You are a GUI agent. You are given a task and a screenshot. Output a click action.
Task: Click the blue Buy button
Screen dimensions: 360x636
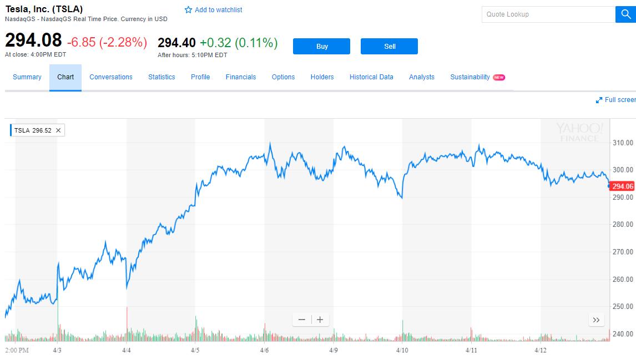[321, 47]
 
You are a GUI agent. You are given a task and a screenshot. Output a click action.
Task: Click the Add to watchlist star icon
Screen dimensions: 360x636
[188, 10]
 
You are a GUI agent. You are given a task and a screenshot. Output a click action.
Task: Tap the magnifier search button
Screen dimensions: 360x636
[625, 14]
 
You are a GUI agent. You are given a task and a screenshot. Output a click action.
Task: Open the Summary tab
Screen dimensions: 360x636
[27, 77]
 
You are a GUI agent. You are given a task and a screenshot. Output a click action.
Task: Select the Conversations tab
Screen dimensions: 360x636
[111, 77]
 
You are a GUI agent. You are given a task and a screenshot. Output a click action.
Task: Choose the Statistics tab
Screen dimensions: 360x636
[161, 77]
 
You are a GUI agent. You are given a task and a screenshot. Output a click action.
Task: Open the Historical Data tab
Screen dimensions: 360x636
[371, 77]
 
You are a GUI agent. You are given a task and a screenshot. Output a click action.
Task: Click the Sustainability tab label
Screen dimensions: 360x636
[470, 77]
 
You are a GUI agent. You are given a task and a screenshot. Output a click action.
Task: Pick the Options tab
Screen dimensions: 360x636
[283, 77]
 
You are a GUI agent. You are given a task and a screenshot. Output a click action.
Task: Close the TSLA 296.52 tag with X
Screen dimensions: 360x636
[58, 130]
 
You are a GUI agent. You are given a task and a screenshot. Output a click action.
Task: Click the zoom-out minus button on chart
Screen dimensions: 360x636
[302, 320]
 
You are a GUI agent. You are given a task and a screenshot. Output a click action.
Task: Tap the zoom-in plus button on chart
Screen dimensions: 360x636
[320, 320]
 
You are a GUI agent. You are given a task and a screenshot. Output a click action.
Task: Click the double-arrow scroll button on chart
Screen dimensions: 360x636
[596, 320]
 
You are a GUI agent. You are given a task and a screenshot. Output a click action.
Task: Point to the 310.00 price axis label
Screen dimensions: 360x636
[623, 143]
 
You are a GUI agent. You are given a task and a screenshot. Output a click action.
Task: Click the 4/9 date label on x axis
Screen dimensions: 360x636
[334, 351]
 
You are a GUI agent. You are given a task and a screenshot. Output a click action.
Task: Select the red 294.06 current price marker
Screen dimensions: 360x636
[623, 186]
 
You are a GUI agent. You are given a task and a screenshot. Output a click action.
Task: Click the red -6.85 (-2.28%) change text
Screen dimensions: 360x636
[107, 43]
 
